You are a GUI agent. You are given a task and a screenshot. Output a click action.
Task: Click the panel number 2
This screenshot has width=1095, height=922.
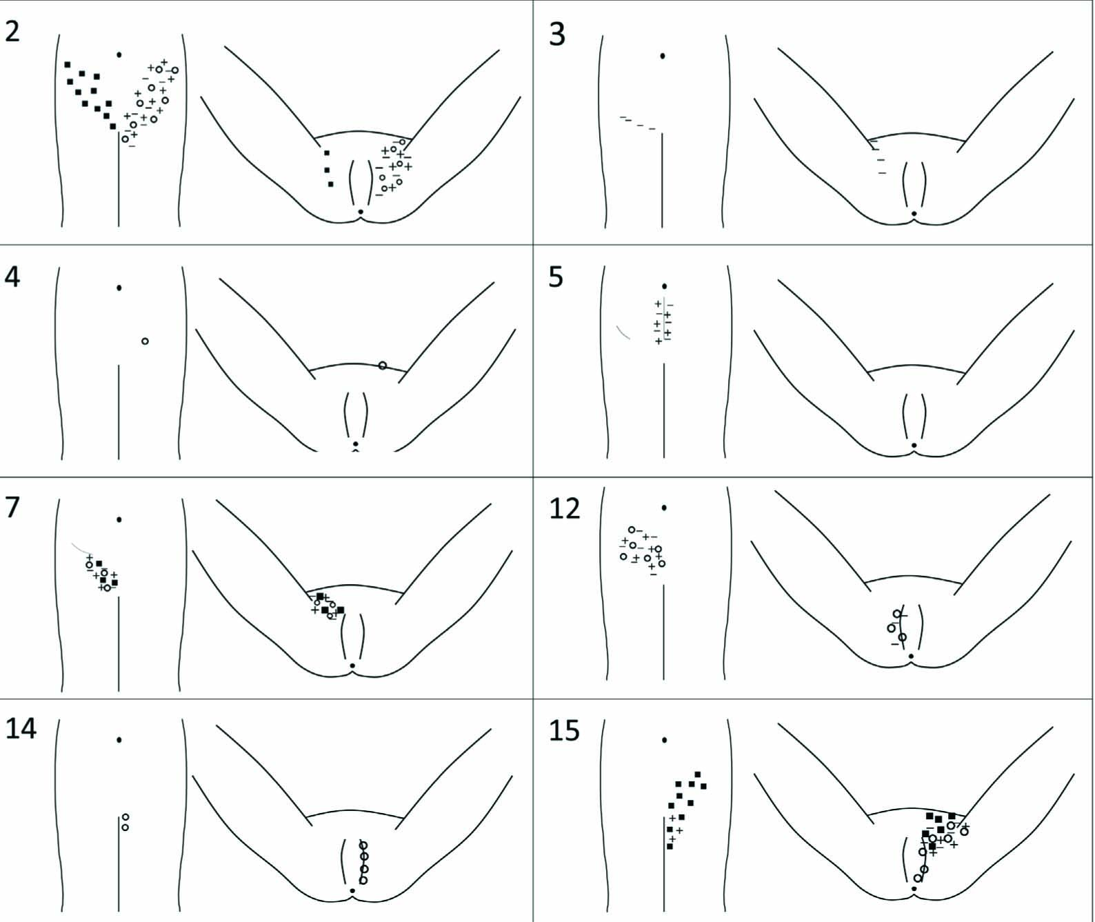(12, 32)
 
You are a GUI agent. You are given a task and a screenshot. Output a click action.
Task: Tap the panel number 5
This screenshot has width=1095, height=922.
(556, 277)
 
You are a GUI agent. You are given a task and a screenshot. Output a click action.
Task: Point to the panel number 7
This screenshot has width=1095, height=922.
(12, 508)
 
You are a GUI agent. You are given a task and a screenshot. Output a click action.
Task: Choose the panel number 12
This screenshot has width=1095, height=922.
(565, 510)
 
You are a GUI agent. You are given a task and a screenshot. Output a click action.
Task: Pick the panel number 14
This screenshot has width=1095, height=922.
(21, 729)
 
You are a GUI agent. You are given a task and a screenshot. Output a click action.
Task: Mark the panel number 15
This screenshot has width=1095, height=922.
(565, 730)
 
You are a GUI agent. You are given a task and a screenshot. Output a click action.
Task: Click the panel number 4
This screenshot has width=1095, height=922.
(12, 277)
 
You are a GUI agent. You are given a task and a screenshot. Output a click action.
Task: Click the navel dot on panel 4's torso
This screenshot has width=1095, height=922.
(119, 288)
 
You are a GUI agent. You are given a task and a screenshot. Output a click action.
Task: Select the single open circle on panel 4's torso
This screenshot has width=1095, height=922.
(145, 341)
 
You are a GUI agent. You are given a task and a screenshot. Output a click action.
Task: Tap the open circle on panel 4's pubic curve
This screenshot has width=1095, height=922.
(383, 365)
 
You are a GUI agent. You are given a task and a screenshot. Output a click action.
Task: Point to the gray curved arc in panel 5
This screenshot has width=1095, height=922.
(622, 332)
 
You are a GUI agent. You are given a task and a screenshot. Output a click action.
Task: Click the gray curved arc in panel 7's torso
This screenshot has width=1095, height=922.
(79, 547)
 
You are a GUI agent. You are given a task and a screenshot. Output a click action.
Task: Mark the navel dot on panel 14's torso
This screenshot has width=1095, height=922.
(119, 740)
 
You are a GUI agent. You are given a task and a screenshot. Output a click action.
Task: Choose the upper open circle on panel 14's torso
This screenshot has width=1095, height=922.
(125, 817)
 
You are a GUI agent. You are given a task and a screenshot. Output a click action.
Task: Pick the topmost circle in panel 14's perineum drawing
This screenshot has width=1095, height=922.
(363, 845)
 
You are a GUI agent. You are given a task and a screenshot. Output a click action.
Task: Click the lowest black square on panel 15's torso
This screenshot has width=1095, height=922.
(670, 846)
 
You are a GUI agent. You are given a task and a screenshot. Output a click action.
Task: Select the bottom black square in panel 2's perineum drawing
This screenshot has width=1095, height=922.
(330, 184)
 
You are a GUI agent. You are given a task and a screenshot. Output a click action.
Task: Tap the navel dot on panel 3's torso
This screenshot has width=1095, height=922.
(663, 56)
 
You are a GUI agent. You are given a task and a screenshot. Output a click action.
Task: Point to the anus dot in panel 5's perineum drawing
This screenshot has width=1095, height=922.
(914, 445)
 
